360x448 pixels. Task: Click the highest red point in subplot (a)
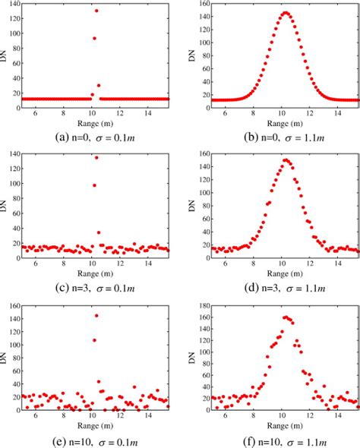[96, 11]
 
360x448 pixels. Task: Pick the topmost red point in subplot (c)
[96, 158]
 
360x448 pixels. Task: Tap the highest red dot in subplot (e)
[96, 315]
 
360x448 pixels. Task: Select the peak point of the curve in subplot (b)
[286, 12]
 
